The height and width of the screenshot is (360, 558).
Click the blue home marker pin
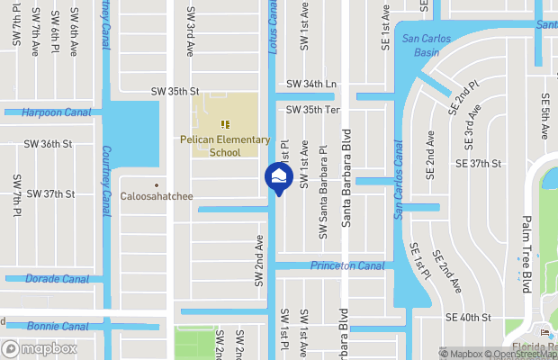pos(278,176)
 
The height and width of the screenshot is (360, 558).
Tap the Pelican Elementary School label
pos(225,146)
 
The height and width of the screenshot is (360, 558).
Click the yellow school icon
pos(224,124)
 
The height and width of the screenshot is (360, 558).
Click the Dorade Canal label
pos(57,279)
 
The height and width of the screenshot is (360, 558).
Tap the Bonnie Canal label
pos(57,326)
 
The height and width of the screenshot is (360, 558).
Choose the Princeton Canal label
pos(346,265)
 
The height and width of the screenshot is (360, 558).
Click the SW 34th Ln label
pos(310,84)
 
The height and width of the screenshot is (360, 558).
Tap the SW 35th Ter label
pos(311,110)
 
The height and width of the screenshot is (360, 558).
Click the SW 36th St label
pos(48,143)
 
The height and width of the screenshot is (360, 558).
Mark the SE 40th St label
pos(468,318)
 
